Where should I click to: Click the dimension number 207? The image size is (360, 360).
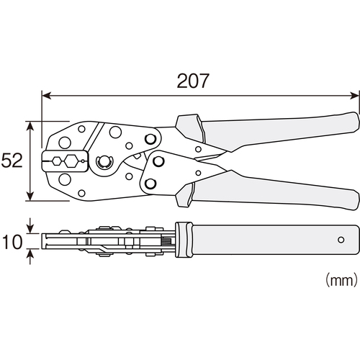[x=193, y=81]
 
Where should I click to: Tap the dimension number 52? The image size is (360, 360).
[x=12, y=161]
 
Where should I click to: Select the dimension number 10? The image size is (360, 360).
[x=12, y=241]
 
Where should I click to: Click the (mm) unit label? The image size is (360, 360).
[x=341, y=280]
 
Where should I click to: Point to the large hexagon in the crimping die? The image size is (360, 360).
[x=71, y=161]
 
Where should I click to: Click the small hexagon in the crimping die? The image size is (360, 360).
[x=57, y=161]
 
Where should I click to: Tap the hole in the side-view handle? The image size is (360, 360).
[x=341, y=240]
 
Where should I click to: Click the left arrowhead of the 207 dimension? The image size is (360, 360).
[x=46, y=96]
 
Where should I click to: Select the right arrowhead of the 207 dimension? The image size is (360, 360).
[x=355, y=96]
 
